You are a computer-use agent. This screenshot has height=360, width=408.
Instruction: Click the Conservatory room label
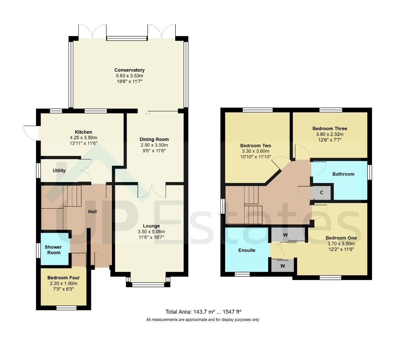coord(129,70)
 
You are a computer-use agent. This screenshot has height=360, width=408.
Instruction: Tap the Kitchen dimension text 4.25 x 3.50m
coord(83,138)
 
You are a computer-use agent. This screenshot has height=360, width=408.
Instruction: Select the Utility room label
coord(59,171)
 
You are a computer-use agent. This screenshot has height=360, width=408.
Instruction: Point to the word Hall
coord(93,211)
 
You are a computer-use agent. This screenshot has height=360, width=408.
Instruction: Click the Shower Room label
coord(53,250)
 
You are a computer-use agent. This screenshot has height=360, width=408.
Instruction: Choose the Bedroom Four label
coord(64,278)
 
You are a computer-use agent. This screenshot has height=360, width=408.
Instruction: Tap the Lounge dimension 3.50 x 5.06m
coord(151,232)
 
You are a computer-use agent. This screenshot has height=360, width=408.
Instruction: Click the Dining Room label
coord(154,139)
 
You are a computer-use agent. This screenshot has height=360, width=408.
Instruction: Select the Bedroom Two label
coord(255,146)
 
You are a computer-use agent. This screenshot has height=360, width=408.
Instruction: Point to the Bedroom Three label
coord(330,128)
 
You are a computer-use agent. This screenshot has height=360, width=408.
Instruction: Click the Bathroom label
coord(343,174)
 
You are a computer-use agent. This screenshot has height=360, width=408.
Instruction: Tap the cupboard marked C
coord(321,192)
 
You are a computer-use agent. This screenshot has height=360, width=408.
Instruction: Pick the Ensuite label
coord(247,250)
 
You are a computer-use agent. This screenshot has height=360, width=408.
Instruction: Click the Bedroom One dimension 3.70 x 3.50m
coord(341,243)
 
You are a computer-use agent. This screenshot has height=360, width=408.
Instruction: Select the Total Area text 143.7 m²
coord(204,312)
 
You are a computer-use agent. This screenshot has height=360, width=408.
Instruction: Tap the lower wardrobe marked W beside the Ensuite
coord(282,266)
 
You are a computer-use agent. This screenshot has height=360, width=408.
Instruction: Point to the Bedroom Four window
coord(67,308)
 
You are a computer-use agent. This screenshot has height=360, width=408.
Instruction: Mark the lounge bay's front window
coord(148,285)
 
